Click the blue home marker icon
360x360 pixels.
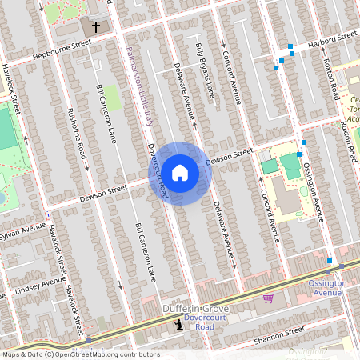point(180,173)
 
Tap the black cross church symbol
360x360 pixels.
point(97,27)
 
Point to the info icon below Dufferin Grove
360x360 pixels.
point(178,326)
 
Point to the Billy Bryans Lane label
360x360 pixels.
point(206,70)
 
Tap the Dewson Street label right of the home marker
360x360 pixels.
point(229,157)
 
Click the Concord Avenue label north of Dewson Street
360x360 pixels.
point(230,72)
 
